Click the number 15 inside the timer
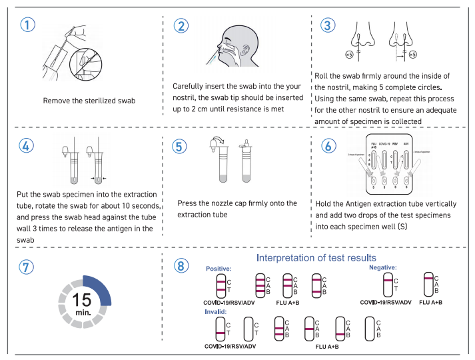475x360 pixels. click(81, 297)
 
